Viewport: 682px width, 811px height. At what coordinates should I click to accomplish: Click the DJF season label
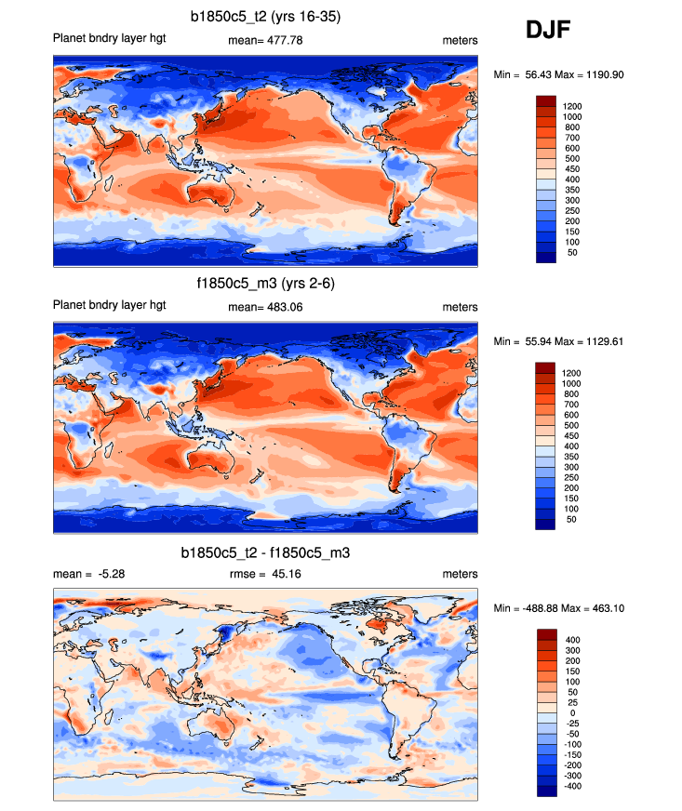click(x=548, y=31)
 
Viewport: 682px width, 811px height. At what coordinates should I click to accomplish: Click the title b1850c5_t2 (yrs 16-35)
click(x=265, y=16)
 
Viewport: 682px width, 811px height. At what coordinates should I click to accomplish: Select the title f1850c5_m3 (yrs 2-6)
click(x=265, y=284)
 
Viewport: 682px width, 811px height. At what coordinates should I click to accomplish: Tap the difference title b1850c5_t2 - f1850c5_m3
click(x=265, y=552)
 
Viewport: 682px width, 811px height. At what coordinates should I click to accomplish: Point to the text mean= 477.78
click(x=265, y=41)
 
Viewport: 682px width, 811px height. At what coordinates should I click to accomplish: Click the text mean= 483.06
click(x=265, y=308)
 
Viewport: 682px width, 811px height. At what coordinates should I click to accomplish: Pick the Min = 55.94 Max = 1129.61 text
click(x=570, y=341)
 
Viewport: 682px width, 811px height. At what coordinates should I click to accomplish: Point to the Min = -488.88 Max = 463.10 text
click(x=570, y=607)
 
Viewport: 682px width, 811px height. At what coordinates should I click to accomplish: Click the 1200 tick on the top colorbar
click(x=572, y=106)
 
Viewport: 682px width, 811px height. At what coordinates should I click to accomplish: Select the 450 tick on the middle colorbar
click(x=572, y=436)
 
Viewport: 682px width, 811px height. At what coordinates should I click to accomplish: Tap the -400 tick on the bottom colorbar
click(x=572, y=786)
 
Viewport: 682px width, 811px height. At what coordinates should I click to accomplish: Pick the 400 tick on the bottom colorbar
click(x=572, y=640)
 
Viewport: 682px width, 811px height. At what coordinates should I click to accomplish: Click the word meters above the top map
click(x=461, y=41)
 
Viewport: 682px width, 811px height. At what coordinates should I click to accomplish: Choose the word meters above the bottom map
click(x=461, y=575)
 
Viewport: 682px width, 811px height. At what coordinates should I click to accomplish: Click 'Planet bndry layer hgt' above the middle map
click(x=110, y=305)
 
